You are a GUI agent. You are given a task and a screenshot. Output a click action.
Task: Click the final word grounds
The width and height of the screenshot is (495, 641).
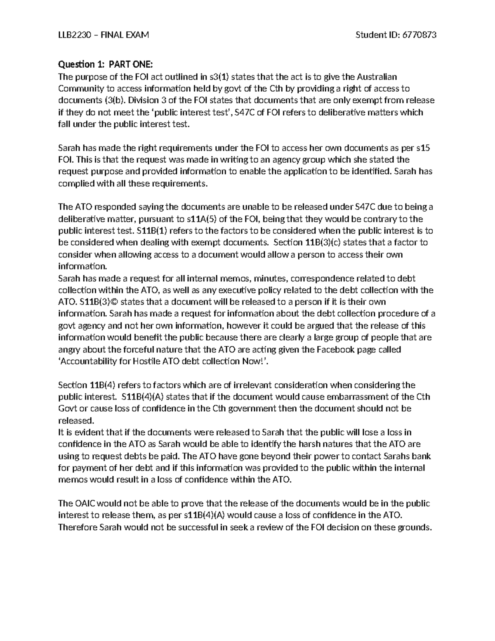(414, 527)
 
